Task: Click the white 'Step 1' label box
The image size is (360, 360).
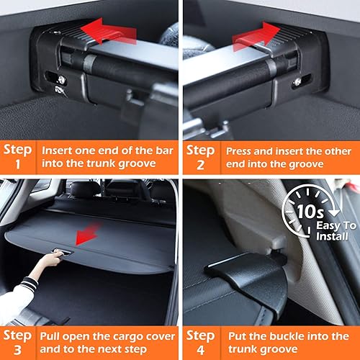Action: pos(17,158)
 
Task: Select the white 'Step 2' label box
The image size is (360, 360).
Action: pos(200,158)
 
